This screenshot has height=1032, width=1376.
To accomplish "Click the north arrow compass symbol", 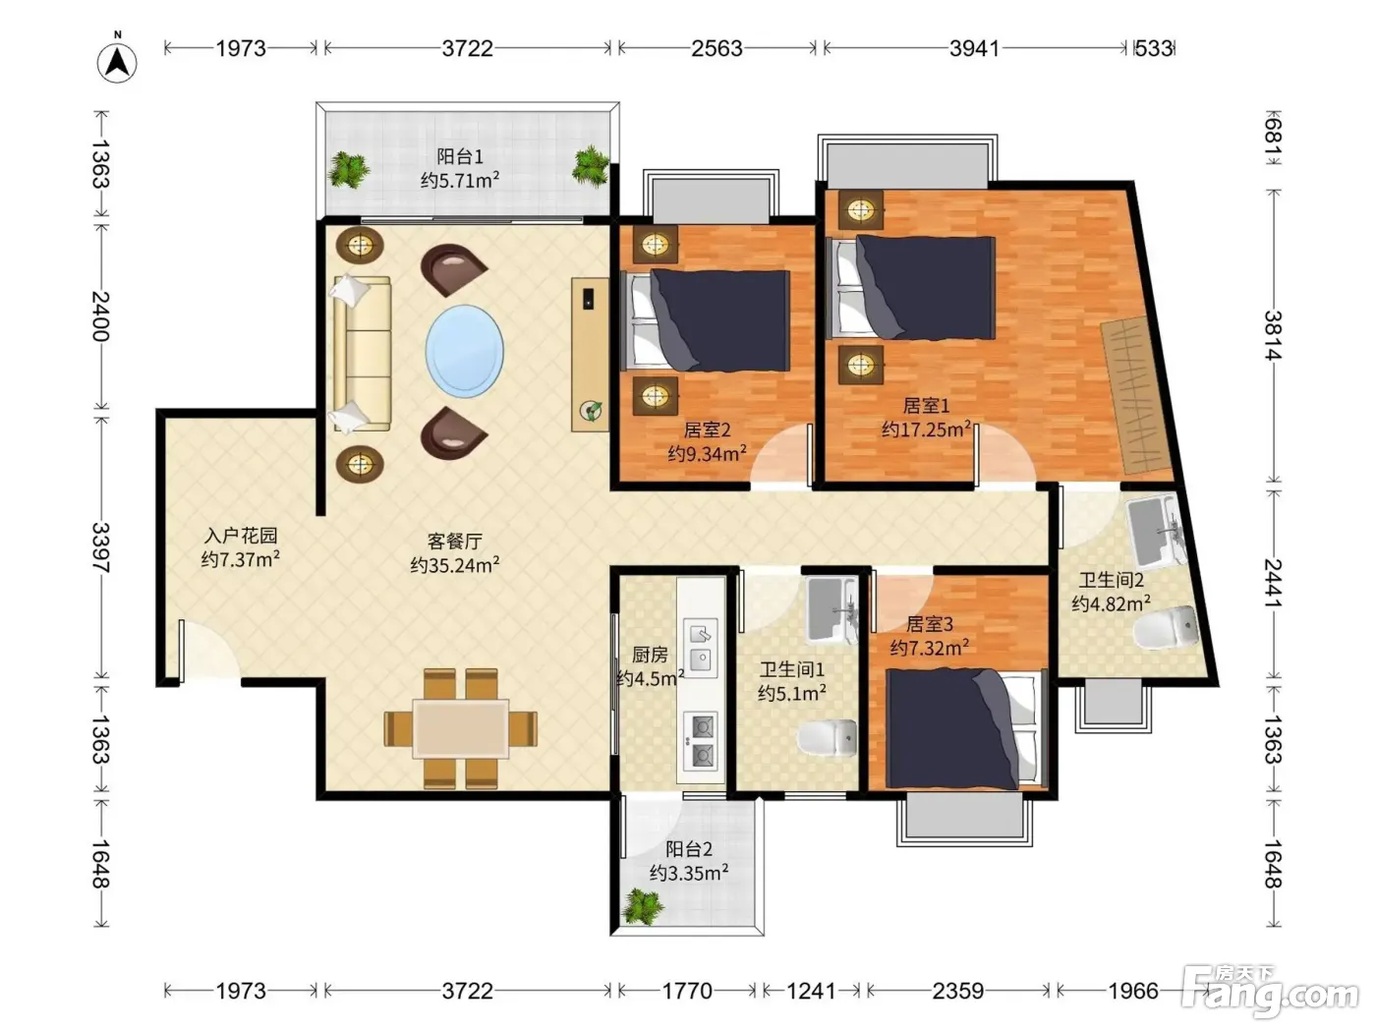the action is pos(117,62).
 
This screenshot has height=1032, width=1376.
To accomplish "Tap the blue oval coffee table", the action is pos(465,351).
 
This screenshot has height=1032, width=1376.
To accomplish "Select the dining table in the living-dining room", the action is pos(461,728).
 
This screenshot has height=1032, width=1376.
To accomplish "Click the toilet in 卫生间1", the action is pos(827,737).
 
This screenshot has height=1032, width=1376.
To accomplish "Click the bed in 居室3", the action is pos(966,728).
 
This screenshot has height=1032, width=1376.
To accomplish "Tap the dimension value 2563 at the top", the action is pos(717,48).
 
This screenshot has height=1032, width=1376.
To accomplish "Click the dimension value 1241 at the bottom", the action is pos(811,991).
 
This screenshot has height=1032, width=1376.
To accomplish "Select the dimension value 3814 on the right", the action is pos(1273,335).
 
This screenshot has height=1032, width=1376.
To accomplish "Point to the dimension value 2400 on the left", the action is pos(101,315).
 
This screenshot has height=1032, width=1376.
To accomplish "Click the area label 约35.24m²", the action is pos(455,564).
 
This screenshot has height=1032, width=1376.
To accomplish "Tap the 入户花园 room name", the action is pos(241,536).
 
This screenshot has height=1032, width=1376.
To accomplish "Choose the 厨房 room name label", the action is pos(650,655).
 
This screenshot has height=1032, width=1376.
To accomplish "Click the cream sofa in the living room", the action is pos(362,354).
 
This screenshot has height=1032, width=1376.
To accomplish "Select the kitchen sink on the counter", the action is pos(700,648).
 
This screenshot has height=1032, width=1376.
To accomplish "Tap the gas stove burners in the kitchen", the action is pos(700,741).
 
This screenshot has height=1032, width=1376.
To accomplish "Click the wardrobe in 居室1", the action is pos(1136,396).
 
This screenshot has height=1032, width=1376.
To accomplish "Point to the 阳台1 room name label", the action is pos(460,155).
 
